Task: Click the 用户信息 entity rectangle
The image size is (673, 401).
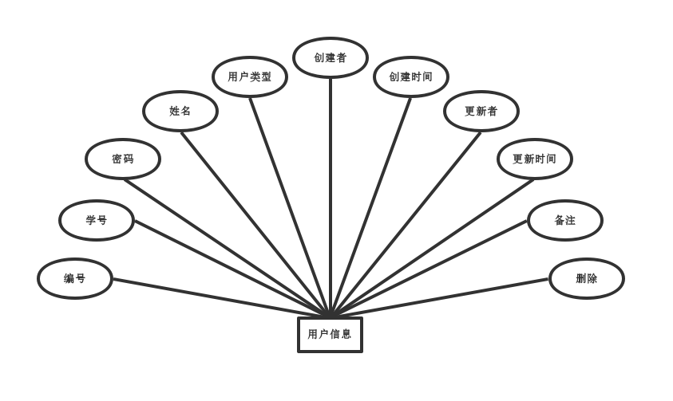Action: click(x=330, y=334)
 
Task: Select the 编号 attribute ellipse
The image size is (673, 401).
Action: click(x=75, y=278)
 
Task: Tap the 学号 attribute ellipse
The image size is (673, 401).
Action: click(x=97, y=220)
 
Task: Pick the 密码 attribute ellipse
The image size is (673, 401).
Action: click(x=123, y=159)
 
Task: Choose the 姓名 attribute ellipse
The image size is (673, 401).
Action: click(x=180, y=111)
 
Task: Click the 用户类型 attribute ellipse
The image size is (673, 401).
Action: click(x=250, y=77)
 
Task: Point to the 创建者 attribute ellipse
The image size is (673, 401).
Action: click(x=331, y=57)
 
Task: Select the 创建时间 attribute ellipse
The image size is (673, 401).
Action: click(x=411, y=77)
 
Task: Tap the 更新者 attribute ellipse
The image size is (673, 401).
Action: click(x=481, y=111)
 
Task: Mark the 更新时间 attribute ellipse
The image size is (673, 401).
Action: click(x=535, y=159)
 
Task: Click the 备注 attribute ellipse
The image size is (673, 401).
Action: click(x=565, y=220)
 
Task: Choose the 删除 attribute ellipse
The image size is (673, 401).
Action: click(x=587, y=278)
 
